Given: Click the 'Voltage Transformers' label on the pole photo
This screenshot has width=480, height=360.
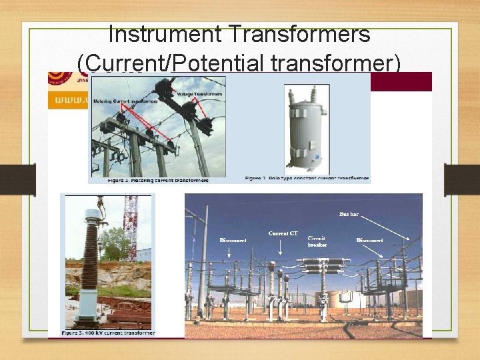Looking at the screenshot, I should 199,95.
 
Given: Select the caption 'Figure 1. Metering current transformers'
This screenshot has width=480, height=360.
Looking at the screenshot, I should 157,180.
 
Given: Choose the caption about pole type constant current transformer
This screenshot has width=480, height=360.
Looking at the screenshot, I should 306,179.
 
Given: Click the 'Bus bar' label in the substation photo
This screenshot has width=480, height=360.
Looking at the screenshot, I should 349,215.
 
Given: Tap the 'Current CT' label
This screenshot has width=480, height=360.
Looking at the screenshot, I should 283,234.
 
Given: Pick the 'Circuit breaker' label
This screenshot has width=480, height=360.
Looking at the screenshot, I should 317,241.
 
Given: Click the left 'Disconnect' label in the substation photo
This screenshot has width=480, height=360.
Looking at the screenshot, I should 233,240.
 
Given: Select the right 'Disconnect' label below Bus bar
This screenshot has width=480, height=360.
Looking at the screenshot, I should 369,240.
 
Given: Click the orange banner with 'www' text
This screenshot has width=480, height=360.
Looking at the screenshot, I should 67,100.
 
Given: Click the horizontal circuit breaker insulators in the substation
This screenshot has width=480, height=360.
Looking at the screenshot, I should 323,269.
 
